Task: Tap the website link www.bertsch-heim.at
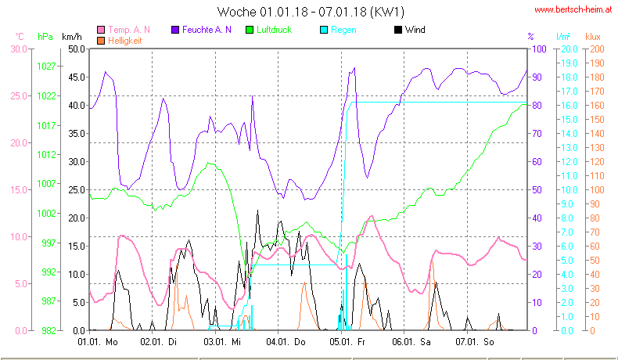click(x=573, y=10)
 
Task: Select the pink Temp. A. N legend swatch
click(x=102, y=30)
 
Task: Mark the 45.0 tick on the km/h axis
click(x=75, y=77)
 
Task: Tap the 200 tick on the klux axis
click(x=597, y=49)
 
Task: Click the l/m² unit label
click(x=562, y=36)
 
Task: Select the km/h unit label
click(x=72, y=36)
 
